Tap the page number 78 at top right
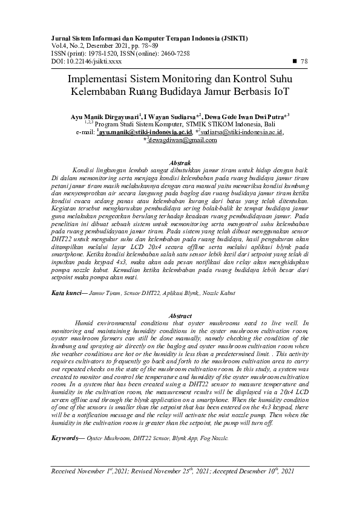(x=304, y=61)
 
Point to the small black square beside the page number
(x=294, y=61)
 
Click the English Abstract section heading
(x=180, y=316)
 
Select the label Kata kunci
(x=66, y=292)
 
